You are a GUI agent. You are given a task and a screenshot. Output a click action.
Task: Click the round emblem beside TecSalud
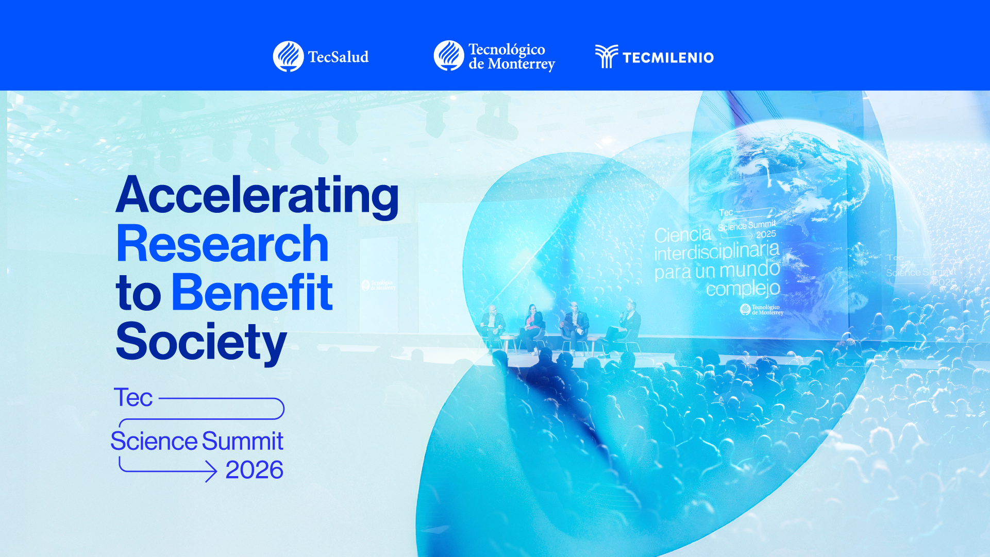pos(288,56)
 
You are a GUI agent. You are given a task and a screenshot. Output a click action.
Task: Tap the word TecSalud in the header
pos(338,57)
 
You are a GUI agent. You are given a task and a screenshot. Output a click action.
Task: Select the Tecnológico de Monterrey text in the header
pos(511,57)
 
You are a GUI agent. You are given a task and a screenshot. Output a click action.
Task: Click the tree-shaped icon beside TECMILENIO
pos(606,56)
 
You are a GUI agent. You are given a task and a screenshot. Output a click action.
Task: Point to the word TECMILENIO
pos(668,58)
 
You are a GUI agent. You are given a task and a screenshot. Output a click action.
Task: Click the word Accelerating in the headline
pos(257,196)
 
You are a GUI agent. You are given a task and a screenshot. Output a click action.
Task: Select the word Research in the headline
pos(222,244)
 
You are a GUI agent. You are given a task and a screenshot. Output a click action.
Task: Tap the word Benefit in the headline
pos(251,293)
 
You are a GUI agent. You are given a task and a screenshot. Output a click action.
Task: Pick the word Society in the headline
pos(201,342)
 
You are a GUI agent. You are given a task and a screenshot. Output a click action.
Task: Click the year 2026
pos(254,470)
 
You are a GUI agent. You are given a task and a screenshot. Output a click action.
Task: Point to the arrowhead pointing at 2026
pos(211,471)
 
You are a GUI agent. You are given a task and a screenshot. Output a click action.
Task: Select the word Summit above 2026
pos(242,442)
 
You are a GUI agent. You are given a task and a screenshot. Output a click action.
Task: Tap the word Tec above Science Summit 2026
pos(133,398)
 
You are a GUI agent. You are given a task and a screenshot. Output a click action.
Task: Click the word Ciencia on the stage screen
pos(682,235)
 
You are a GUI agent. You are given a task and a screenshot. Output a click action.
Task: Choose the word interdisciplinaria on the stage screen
pos(716,252)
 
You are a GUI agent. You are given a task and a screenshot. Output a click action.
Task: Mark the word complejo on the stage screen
pos(743,289)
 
